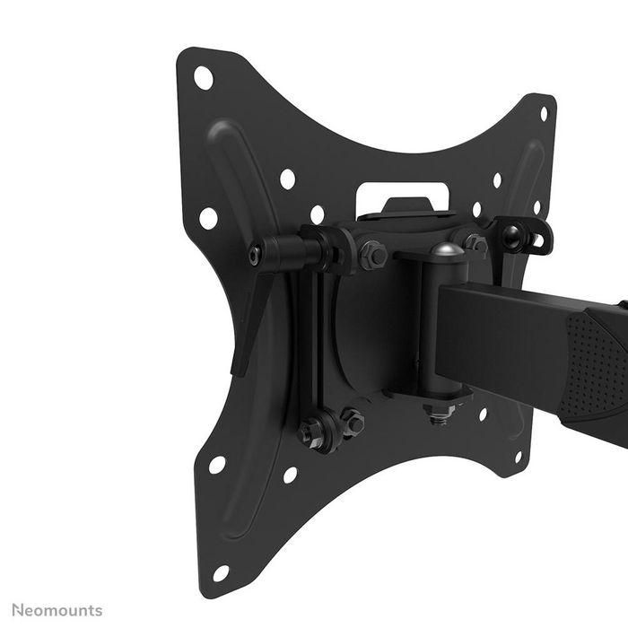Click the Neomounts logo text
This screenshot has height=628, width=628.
(57, 610)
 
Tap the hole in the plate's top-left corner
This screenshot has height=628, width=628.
(204, 77)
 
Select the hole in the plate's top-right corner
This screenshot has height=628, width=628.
(544, 114)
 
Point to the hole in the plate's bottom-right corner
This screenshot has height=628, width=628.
(518, 457)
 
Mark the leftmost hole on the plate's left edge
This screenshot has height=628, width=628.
(207, 217)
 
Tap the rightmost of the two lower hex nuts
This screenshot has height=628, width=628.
(353, 420)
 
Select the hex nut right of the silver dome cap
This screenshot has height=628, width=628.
(476, 242)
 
